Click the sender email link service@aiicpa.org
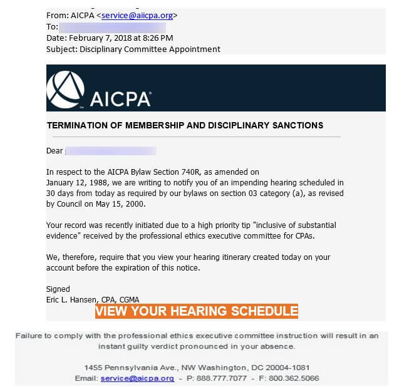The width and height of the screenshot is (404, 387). [x=137, y=16]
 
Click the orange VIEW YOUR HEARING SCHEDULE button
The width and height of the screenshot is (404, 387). [x=197, y=311]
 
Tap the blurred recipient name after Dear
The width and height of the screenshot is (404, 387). [x=110, y=151]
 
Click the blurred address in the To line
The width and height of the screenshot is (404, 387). [x=113, y=27]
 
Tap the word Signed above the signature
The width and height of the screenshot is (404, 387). [x=58, y=289]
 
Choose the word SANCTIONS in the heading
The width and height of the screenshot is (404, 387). [x=294, y=125]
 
